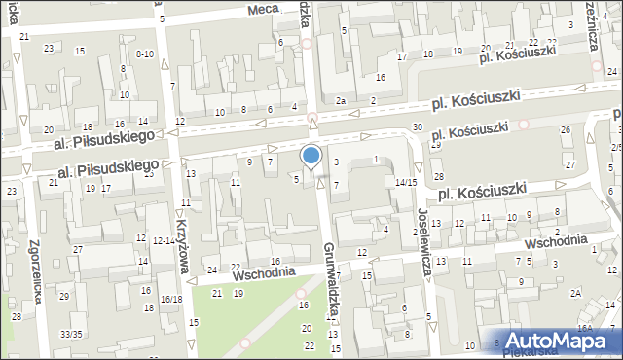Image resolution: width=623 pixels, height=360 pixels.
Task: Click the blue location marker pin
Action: tap(311, 156)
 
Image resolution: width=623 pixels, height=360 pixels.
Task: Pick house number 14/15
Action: tap(406, 182)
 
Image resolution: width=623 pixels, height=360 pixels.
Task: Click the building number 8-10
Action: tap(146, 54)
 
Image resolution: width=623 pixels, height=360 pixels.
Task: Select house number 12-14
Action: tap(163, 240)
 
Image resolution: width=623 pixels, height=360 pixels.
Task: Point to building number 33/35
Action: tap(71, 334)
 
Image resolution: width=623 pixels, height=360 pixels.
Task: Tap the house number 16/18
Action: tap(171, 299)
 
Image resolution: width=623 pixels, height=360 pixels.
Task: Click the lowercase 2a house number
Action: tap(341, 101)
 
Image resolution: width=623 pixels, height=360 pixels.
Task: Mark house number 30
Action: tap(417, 127)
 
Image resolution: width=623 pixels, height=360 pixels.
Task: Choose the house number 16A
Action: tap(583, 329)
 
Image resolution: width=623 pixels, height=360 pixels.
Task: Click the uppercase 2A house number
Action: tap(576, 293)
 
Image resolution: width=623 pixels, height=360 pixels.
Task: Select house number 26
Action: tap(565, 130)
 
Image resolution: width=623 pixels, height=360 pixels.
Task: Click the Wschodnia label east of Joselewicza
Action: tap(556, 240)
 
